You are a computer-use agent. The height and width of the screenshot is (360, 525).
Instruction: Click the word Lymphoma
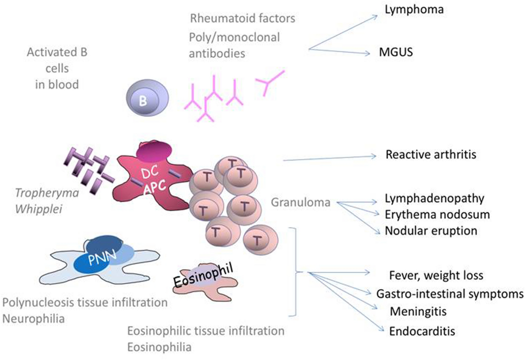[x=414, y=10]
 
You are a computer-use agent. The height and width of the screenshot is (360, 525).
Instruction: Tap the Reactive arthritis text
[x=431, y=154]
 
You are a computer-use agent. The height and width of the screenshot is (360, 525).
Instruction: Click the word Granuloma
[x=301, y=203]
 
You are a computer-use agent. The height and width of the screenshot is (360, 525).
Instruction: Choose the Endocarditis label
[x=422, y=331]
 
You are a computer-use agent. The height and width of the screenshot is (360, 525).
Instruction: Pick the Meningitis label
[x=418, y=311]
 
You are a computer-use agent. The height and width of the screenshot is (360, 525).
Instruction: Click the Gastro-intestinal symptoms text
[x=450, y=294]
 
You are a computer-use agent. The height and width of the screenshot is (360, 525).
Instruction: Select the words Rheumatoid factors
[x=243, y=18]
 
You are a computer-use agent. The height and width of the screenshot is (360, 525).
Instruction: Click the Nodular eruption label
[x=431, y=231]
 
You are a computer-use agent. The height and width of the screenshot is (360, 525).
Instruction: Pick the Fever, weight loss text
[x=436, y=275]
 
